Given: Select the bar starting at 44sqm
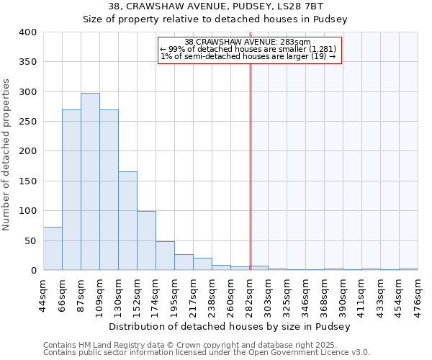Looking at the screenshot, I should coord(53,248).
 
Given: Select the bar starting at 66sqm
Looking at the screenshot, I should coord(71,190).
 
